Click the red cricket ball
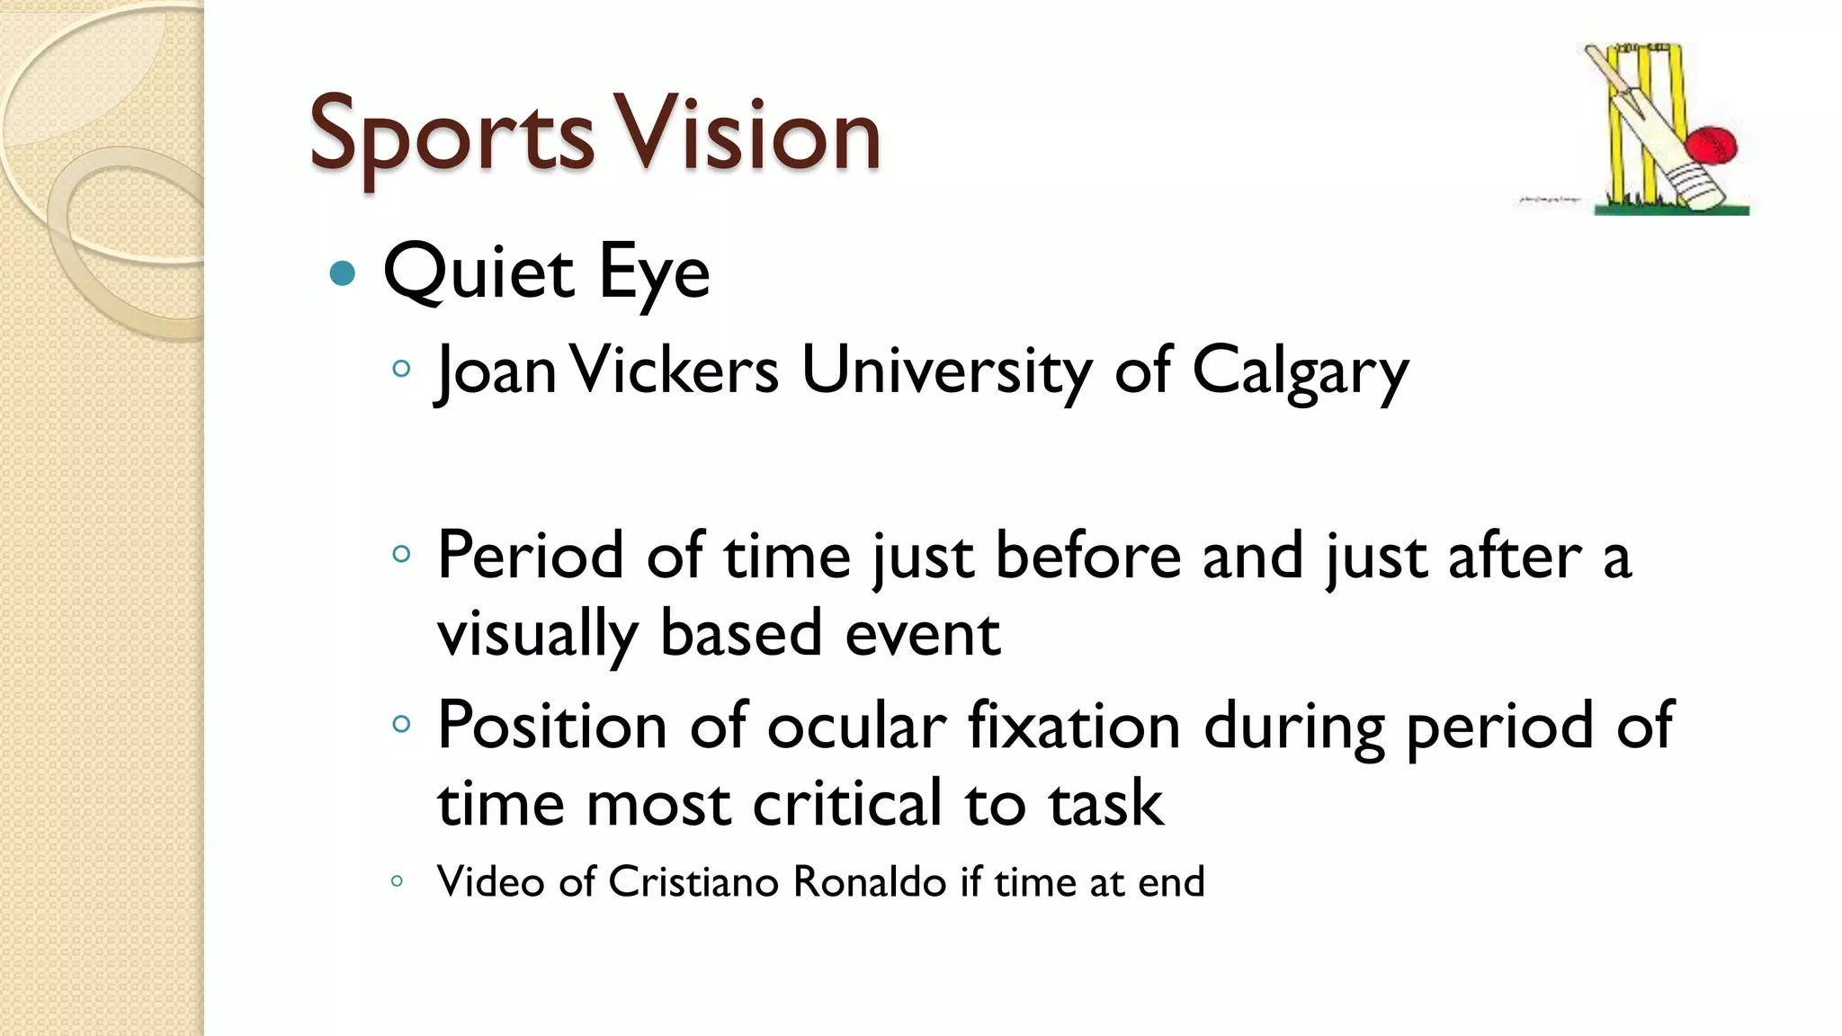pyautogui.click(x=1711, y=147)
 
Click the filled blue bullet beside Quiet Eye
pyautogui.click(x=343, y=272)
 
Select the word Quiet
pyautogui.click(x=478, y=272)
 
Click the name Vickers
pyautogui.click(x=674, y=370)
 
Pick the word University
pyautogui.click(x=946, y=371)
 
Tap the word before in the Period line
pyautogui.click(x=1087, y=556)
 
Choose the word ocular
pyautogui.click(x=856, y=725)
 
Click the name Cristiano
pyautogui.click(x=693, y=882)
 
